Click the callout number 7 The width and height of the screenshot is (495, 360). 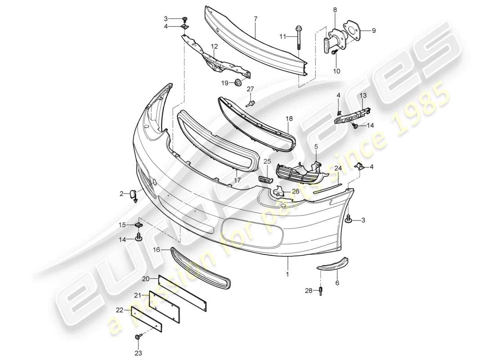(255, 19)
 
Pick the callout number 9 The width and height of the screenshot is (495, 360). (373, 31)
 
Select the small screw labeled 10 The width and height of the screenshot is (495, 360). (334, 53)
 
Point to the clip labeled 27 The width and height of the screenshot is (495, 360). (250, 103)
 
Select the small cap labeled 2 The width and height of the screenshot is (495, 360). (134, 195)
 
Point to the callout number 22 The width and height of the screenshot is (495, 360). (119, 310)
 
